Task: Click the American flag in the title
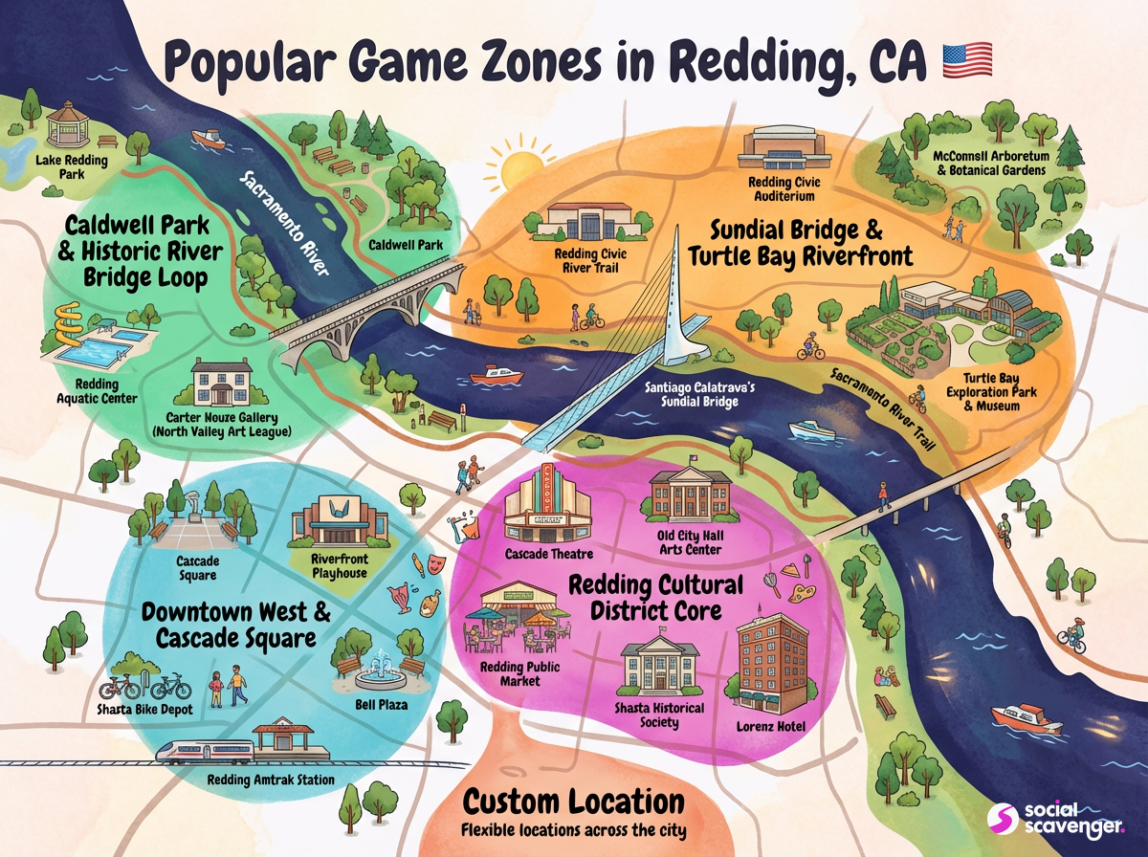tap(967, 60)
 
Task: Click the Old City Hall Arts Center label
tap(690, 541)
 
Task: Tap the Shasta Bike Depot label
tap(144, 709)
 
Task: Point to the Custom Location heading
tap(573, 801)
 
